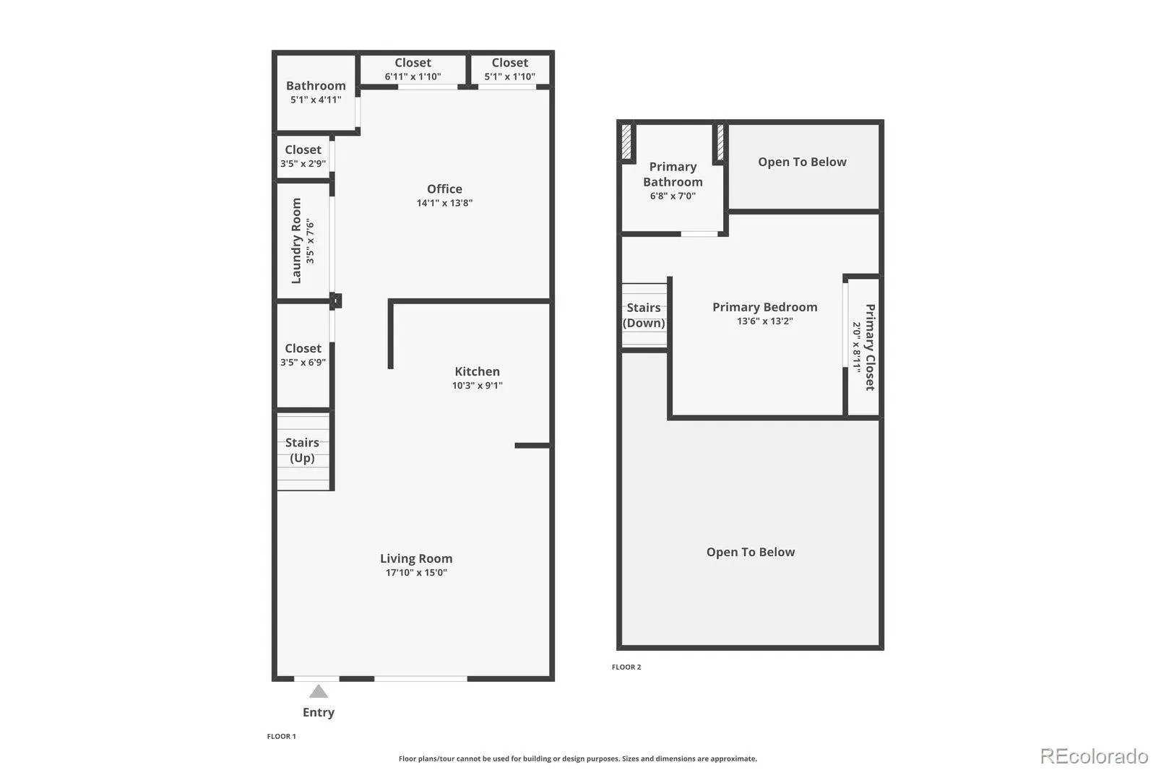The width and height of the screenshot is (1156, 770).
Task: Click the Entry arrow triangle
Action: [319, 691]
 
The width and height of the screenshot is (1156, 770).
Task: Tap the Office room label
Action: [444, 189]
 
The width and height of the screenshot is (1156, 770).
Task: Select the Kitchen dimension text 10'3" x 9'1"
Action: [478, 386]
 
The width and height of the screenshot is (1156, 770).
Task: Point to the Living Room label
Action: [416, 558]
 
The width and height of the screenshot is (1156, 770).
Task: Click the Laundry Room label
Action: [296, 241]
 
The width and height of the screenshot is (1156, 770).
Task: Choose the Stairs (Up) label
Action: [302, 450]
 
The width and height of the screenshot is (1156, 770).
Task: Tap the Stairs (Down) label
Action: [644, 316]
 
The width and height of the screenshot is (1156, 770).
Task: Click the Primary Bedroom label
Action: [765, 307]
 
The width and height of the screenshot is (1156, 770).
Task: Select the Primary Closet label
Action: [870, 347]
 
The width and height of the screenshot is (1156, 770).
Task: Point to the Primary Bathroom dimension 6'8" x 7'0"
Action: [673, 196]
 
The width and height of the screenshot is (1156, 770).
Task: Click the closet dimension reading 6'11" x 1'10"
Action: [413, 77]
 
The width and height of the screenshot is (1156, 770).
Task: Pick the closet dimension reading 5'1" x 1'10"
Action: [510, 77]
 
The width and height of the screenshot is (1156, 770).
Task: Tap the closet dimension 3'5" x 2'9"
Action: [303, 163]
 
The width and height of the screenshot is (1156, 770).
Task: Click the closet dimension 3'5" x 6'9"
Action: [303, 363]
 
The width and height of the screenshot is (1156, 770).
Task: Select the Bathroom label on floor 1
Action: [316, 86]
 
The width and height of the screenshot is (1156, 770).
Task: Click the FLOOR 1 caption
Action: [281, 737]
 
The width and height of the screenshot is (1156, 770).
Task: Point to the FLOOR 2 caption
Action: [626, 667]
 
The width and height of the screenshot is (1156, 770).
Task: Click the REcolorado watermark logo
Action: [1094, 756]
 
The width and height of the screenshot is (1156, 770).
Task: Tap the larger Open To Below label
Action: [751, 552]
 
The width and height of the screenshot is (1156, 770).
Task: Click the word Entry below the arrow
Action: [319, 713]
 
